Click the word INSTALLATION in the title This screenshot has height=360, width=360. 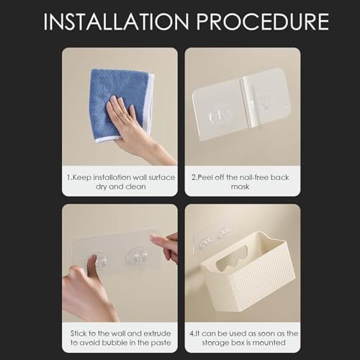(117, 22)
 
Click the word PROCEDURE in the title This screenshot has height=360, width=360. (263, 22)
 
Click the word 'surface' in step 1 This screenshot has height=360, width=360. (162, 177)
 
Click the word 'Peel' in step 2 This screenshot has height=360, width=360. (204, 177)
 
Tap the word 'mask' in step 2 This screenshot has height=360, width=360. (240, 186)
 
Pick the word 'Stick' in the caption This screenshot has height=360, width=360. (78, 333)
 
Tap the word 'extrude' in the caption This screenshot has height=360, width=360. (157, 333)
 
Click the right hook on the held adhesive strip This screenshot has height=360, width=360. (138, 257)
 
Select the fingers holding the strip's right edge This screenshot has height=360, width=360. (166, 247)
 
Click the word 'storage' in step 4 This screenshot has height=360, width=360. (215, 343)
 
